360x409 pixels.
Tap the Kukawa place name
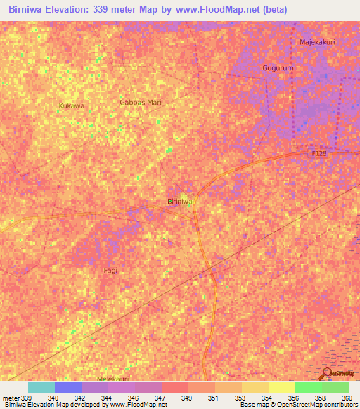[x=72, y=105]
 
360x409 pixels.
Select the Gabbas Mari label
[x=141, y=102]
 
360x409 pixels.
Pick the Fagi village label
[x=110, y=270]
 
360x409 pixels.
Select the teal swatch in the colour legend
[x=41, y=387]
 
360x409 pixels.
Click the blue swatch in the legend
[x=68, y=387]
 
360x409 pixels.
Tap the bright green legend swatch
[x=309, y=387]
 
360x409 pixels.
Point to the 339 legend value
[x=27, y=398]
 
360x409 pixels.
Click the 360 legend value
[x=346, y=398]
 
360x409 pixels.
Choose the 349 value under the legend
[x=187, y=398]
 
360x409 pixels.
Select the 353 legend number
[x=240, y=398]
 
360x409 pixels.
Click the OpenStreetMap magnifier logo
[x=326, y=375]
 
